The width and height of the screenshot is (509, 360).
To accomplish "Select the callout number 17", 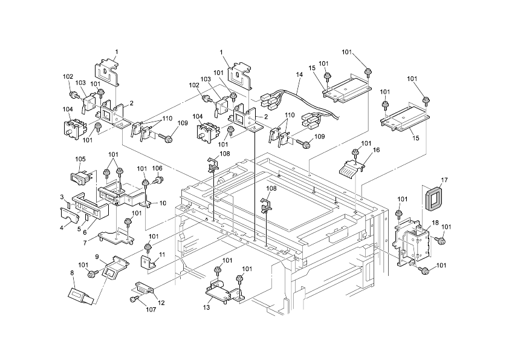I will [444, 180].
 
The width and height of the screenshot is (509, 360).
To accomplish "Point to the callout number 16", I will [376, 149].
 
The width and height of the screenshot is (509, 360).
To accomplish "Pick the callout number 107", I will [151, 310].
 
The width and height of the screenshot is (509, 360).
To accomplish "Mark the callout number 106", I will [157, 168].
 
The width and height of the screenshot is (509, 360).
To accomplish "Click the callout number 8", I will [73, 273].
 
